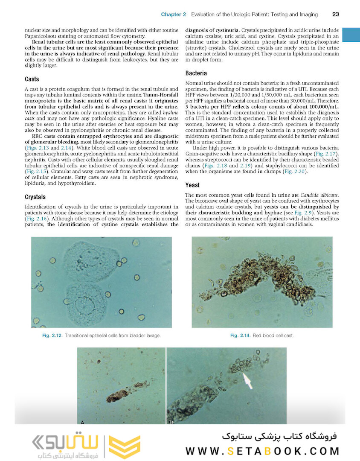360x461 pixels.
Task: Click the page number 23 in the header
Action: point(336,15)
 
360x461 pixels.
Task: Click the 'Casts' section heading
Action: point(32,79)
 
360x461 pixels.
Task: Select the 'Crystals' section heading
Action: point(35,197)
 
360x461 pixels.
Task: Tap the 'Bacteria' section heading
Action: point(196,73)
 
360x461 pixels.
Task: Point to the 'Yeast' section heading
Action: point(192,185)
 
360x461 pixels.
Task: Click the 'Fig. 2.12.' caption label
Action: point(52,336)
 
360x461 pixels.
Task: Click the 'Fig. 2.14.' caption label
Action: point(240,336)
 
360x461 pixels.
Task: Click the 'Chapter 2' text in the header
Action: point(173,15)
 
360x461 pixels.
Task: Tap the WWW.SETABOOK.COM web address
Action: point(262,451)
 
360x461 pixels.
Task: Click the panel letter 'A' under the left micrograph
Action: point(82,422)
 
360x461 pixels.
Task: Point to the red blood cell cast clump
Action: point(260,280)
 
